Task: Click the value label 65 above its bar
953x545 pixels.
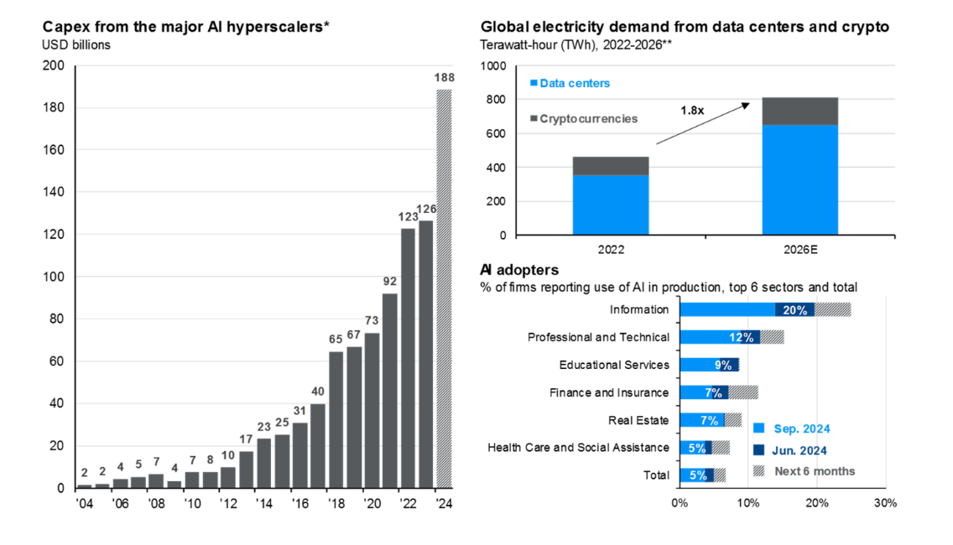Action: pyautogui.click(x=336, y=340)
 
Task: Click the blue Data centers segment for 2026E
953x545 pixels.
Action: pyautogui.click(x=799, y=179)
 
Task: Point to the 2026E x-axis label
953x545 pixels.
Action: pyautogui.click(x=799, y=251)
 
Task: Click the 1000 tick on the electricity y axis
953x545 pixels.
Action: pyautogui.click(x=492, y=66)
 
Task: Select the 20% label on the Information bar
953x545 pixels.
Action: pyautogui.click(x=795, y=309)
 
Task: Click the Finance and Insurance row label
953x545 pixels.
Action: pyautogui.click(x=609, y=392)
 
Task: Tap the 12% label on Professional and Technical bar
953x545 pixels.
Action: pyautogui.click(x=742, y=337)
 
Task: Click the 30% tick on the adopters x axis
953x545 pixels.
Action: pyautogui.click(x=885, y=503)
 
